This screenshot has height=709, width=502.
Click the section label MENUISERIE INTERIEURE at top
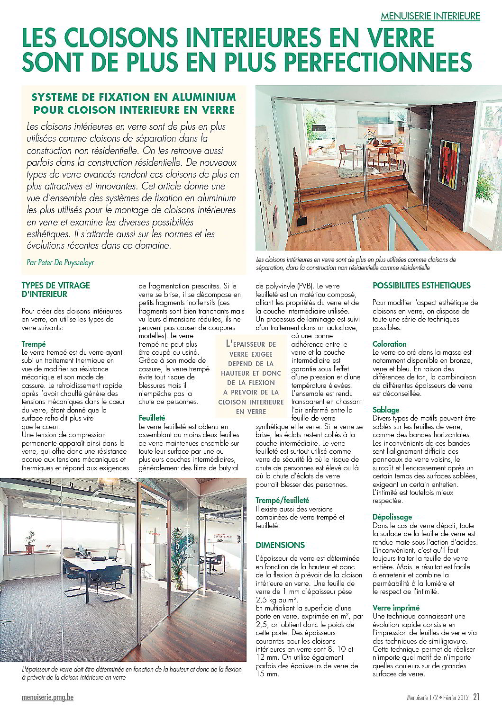pos(430,16)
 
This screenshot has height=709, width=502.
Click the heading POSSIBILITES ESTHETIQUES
pos(421,286)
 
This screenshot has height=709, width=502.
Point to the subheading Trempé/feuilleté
pos(282,500)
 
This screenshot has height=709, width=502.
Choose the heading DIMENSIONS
pos(280,545)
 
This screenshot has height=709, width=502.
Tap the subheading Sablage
pos(386,410)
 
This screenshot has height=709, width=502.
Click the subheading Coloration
pos(390,344)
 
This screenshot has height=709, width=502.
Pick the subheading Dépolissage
pos(392,517)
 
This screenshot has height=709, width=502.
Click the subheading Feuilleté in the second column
pos(152,418)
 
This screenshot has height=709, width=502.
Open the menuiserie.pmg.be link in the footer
pos(48,697)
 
